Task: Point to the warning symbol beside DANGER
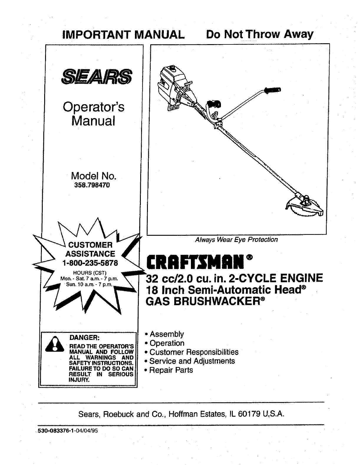(54, 344)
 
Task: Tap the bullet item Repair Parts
(171, 370)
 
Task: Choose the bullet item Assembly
(166, 334)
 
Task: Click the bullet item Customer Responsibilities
(194, 352)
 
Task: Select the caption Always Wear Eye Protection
(236, 240)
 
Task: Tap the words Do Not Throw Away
(259, 34)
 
